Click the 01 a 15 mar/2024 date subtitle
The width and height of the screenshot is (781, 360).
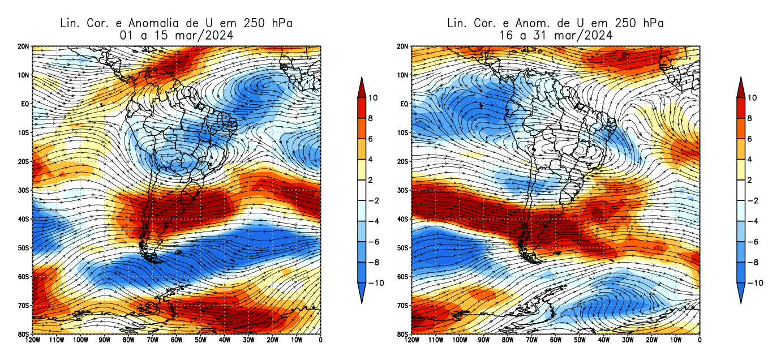pyautogui.click(x=176, y=35)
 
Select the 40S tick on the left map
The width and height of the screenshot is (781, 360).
pyautogui.click(x=23, y=219)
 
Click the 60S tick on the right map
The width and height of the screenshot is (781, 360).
pyautogui.click(x=402, y=277)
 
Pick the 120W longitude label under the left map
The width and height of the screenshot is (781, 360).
pyautogui.click(x=32, y=340)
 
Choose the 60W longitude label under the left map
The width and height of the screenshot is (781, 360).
pyautogui.click(x=177, y=340)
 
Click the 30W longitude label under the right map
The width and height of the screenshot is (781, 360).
pyautogui.click(x=628, y=340)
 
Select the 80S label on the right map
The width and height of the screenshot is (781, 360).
pyautogui.click(x=402, y=334)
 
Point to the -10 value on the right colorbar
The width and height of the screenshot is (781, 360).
pyautogui.click(x=755, y=283)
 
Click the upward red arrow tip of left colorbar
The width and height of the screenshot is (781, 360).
pyautogui.click(x=362, y=79)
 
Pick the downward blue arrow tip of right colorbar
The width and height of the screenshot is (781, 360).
pyautogui.click(x=741, y=301)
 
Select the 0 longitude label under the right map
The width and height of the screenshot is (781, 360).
pyautogui.click(x=700, y=340)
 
